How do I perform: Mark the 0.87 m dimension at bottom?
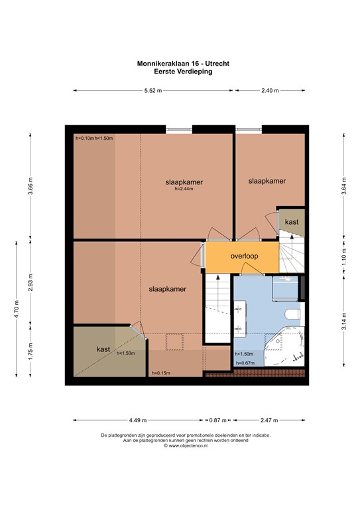(216, 420)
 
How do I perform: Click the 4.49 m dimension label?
(138, 420)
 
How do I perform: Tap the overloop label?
(244, 256)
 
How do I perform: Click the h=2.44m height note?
(183, 190)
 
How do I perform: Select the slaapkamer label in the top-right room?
(267, 181)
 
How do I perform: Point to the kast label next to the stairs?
(290, 221)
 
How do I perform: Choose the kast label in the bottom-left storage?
(103, 349)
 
